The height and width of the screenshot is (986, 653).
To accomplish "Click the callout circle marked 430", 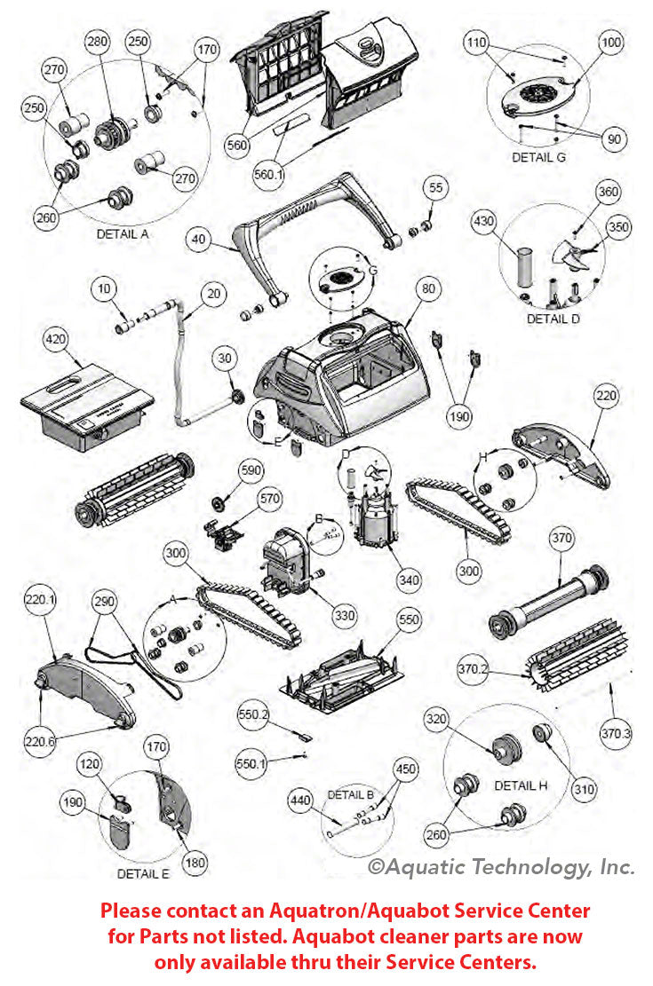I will (483, 220).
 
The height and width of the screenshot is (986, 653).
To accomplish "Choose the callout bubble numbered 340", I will (408, 580).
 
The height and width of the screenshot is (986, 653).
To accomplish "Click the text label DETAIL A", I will (122, 234).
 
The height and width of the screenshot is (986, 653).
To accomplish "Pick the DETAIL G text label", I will (538, 157).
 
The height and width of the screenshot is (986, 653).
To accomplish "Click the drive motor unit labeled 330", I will (286, 557).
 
